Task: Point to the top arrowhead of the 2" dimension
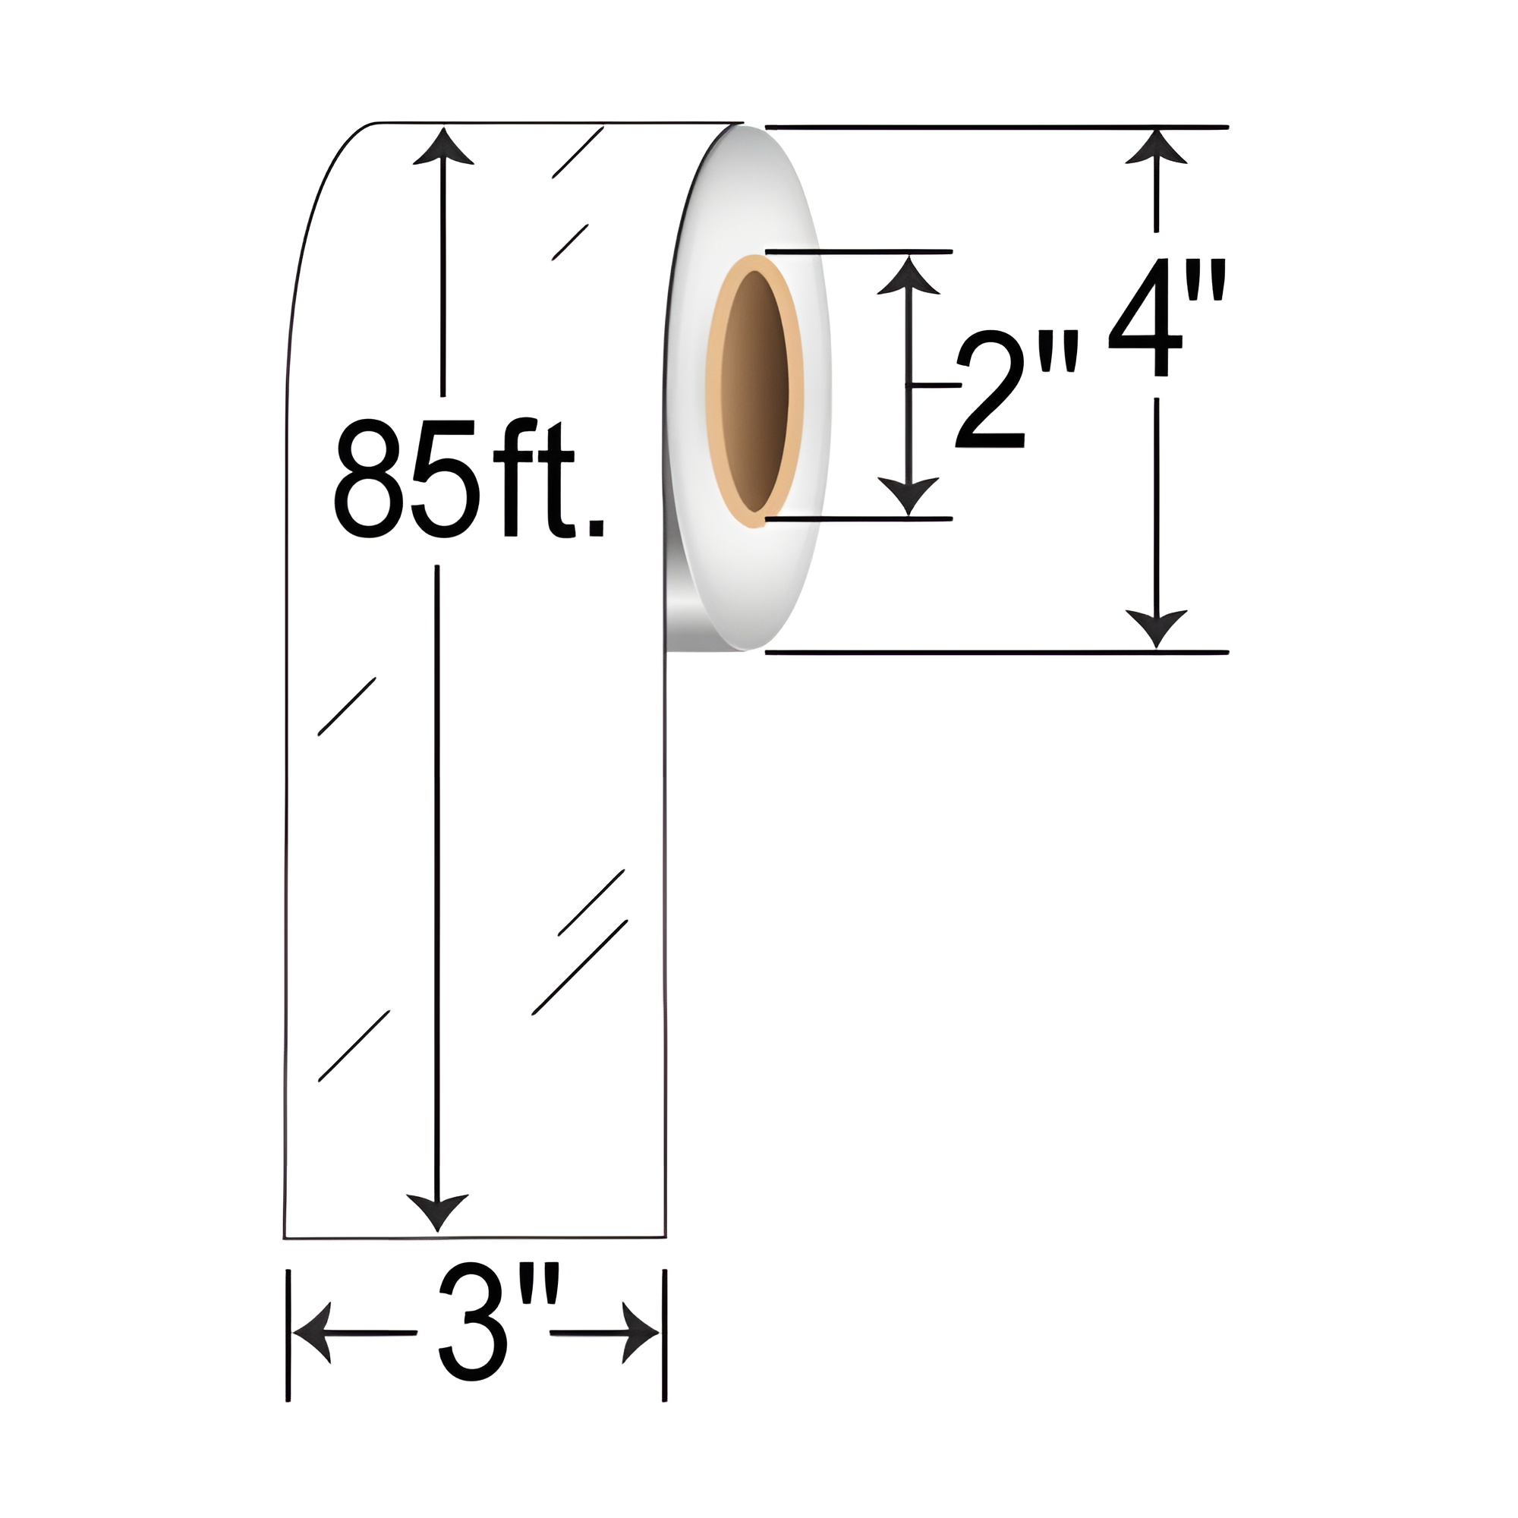(909, 276)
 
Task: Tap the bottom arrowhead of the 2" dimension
(909, 495)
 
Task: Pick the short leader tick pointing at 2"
(935, 385)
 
